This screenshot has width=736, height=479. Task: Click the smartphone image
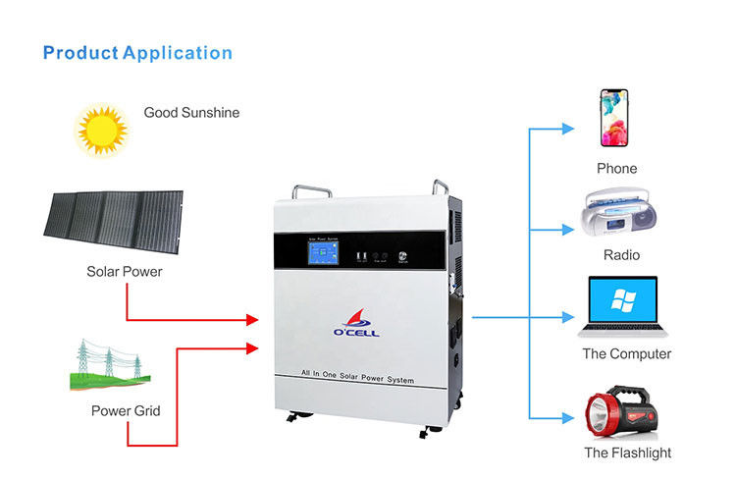(x=614, y=117)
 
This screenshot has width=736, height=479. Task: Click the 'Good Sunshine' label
(x=191, y=113)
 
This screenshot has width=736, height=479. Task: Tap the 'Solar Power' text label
(x=125, y=271)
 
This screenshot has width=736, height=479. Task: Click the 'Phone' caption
(x=616, y=169)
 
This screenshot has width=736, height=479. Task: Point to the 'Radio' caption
(x=621, y=255)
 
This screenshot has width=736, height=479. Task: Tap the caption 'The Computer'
(x=627, y=353)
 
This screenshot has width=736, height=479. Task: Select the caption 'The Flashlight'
(x=627, y=452)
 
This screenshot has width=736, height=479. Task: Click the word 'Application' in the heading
(x=178, y=52)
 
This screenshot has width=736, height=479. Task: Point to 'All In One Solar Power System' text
(x=357, y=379)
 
